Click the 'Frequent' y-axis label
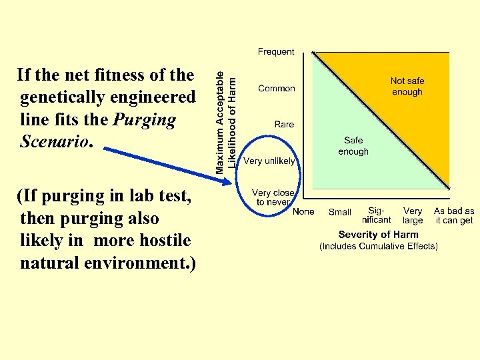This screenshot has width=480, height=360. pyautogui.click(x=276, y=51)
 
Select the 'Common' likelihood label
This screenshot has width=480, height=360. pyautogui.click(x=277, y=88)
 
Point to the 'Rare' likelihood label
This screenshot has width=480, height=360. pyautogui.click(x=284, y=124)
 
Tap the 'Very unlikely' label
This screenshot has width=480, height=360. pyautogui.click(x=269, y=161)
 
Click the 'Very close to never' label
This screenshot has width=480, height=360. pyautogui.click(x=273, y=197)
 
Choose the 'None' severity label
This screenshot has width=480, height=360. pyautogui.click(x=303, y=211)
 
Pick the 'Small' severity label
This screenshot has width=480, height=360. pyautogui.click(x=340, y=212)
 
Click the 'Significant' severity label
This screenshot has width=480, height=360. pyautogui.click(x=376, y=215)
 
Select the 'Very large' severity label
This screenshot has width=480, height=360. pyautogui.click(x=413, y=215)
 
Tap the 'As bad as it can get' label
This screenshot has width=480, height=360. pyautogui.click(x=454, y=215)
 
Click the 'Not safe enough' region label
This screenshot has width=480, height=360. pyautogui.click(x=407, y=86)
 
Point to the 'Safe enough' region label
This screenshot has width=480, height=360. pyautogui.click(x=353, y=146)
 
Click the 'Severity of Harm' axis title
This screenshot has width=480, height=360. pyautogui.click(x=379, y=235)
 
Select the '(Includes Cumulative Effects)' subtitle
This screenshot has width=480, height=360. pyautogui.click(x=379, y=246)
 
